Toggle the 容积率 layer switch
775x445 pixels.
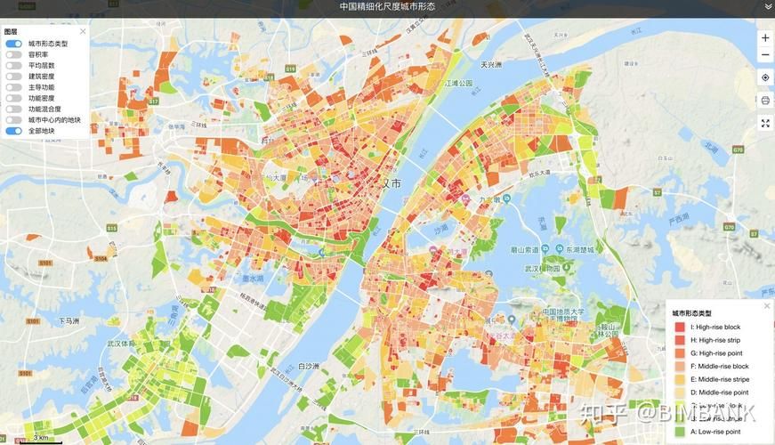[x=13, y=54]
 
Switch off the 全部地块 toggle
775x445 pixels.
[x=13, y=131]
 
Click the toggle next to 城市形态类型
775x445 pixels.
[x=13, y=43]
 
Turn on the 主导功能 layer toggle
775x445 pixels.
[x=13, y=87]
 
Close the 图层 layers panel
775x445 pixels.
[x=83, y=31]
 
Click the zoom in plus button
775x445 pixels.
[x=765, y=38]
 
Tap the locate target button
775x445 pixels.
[x=765, y=77]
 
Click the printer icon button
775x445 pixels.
[x=765, y=101]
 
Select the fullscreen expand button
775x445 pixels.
[x=765, y=123]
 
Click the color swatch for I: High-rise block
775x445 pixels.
[x=680, y=328]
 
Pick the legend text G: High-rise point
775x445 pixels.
[x=719, y=353]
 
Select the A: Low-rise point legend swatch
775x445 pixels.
[x=680, y=432]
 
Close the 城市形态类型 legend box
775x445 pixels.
[x=767, y=306]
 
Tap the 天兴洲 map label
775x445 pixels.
[x=491, y=64]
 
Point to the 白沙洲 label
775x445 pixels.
[x=309, y=365]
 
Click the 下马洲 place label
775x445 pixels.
[x=69, y=320]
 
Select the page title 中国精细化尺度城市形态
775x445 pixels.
[x=387, y=6]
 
